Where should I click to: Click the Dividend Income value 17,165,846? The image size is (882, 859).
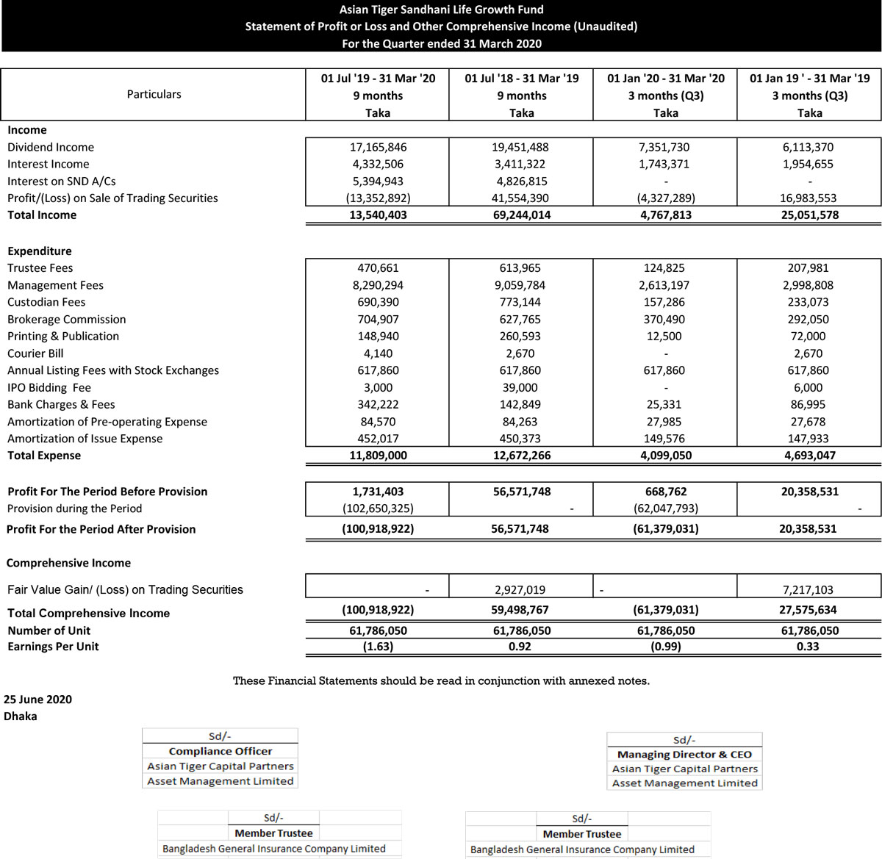(x=378, y=147)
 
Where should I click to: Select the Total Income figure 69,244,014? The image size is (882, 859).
(x=521, y=215)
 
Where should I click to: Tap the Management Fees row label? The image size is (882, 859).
(x=55, y=285)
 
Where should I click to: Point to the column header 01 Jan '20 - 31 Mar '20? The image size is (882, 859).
(x=665, y=79)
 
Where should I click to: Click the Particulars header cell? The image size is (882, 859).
(x=154, y=94)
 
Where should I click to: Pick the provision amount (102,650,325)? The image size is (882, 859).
(x=378, y=508)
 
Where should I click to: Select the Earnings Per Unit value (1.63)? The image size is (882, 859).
(x=378, y=647)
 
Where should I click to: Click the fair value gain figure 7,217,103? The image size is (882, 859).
(x=809, y=589)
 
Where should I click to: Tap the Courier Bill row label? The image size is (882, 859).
(x=35, y=353)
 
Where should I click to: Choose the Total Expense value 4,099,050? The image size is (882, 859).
(x=665, y=456)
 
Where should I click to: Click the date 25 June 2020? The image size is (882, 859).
(x=38, y=700)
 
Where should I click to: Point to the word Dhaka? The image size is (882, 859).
(x=21, y=716)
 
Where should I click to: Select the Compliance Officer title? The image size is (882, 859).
(x=220, y=751)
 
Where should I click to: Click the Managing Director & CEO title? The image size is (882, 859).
(x=684, y=755)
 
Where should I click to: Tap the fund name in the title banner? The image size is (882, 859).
(x=441, y=10)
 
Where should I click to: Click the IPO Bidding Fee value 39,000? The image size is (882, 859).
(x=521, y=388)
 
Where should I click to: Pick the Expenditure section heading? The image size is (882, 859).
(x=40, y=251)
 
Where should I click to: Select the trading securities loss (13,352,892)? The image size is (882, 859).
(x=378, y=198)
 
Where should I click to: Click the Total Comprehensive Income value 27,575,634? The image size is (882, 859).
(x=809, y=610)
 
